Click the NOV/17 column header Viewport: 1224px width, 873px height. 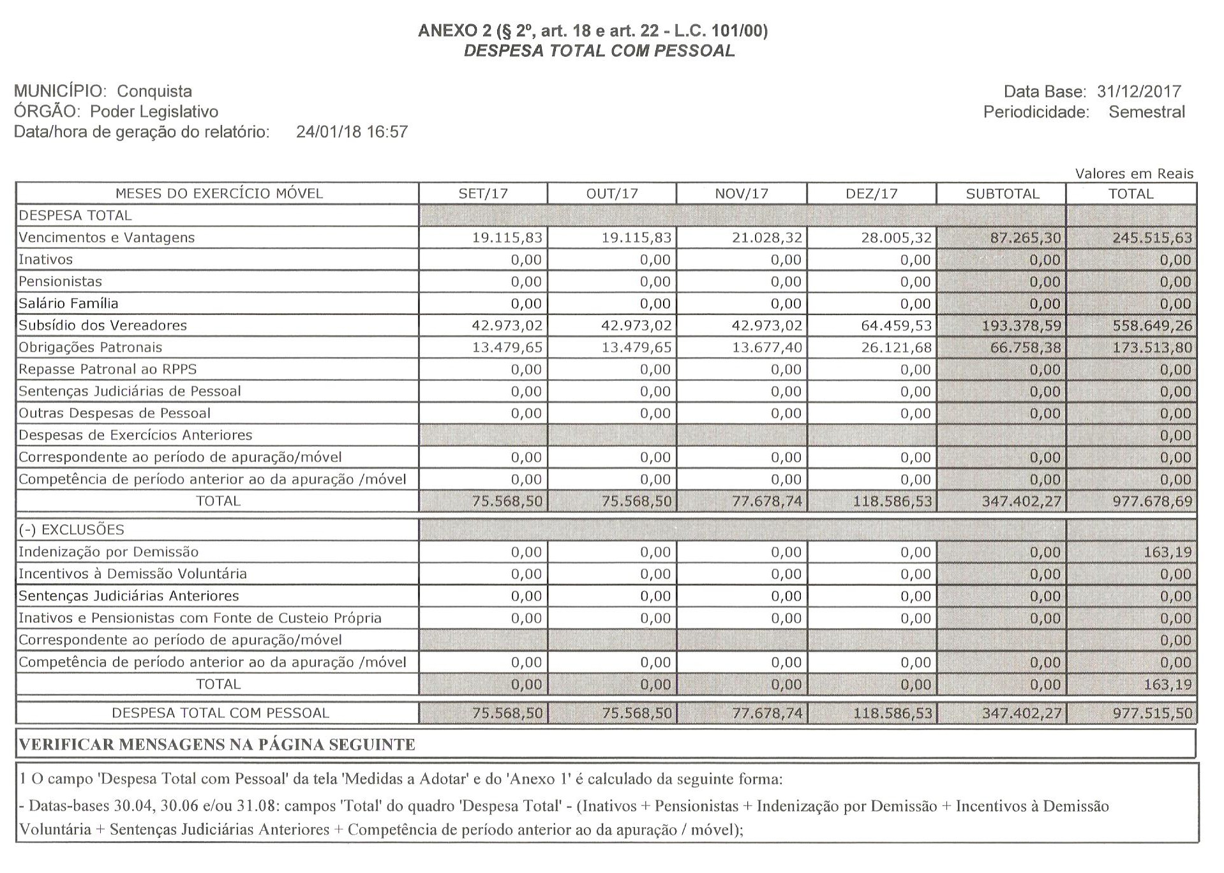[741, 193]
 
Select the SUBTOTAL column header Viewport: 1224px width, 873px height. [1002, 193]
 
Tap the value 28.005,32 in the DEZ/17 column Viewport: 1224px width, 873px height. [896, 238]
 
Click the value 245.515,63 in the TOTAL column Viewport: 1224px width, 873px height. [1152, 238]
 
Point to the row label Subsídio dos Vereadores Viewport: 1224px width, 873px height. [103, 325]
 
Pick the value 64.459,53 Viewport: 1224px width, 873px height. [896, 325]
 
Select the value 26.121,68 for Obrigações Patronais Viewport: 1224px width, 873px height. [896, 348]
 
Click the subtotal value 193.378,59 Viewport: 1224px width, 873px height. [1021, 325]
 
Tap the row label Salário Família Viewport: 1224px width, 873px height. [68, 304]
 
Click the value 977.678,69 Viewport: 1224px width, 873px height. [1152, 502]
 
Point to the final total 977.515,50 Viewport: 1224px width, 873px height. [1152, 713]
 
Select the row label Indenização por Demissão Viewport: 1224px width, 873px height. [108, 552]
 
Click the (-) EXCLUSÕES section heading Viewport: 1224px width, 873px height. [71, 530]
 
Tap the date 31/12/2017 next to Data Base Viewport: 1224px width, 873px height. [1139, 91]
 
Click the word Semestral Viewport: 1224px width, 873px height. [1146, 112]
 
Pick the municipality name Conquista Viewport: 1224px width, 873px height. [154, 91]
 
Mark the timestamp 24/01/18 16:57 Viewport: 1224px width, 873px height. [352, 132]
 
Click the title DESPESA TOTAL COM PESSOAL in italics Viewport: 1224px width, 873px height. [599, 51]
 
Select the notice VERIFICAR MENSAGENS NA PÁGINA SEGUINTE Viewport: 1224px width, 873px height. [217, 745]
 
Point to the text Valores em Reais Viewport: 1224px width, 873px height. [1134, 174]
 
